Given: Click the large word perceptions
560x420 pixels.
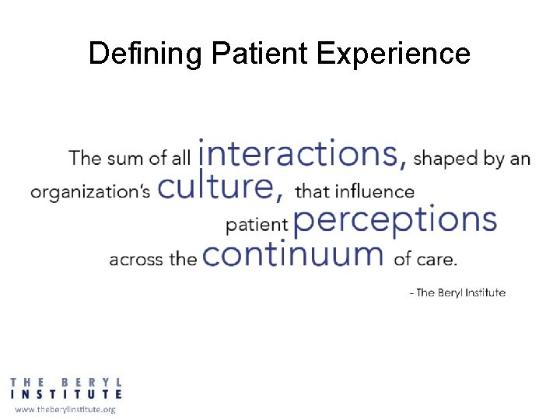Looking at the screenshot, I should tap(395, 220).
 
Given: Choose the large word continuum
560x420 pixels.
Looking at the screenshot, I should tap(293, 254).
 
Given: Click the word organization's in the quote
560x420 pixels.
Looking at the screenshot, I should tap(90, 191).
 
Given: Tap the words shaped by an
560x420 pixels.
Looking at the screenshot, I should tap(472, 159).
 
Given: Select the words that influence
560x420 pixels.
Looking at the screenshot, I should tap(355, 191).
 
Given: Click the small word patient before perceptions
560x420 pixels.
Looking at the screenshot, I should tap(257, 226).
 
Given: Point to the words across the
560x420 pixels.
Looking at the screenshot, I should tap(153, 259).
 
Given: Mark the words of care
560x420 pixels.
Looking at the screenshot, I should tap(425, 259).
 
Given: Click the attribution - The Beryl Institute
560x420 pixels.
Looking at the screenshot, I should tap(457, 292).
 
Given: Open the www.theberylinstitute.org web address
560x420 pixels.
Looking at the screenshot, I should tap(65, 409).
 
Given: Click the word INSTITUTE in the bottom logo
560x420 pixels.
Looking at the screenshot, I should tap(66, 394).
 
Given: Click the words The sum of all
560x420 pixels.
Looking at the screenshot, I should tap(130, 159).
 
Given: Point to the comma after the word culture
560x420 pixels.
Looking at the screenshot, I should tap(278, 195).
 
